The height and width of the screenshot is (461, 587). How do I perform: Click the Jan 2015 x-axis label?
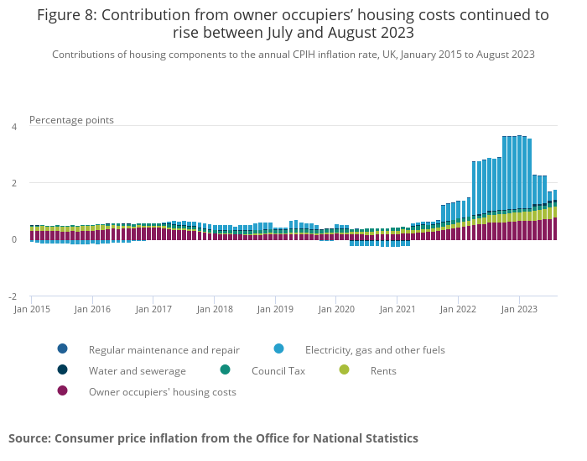[x=31, y=309]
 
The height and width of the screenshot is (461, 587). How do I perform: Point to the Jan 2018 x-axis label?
[x=215, y=309]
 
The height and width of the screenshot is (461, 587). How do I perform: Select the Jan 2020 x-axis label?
[x=336, y=309]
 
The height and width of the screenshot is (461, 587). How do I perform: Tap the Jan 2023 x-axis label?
[x=519, y=309]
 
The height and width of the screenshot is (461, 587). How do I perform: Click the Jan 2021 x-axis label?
[x=397, y=309]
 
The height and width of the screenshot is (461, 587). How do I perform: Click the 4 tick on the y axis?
[x=13, y=127]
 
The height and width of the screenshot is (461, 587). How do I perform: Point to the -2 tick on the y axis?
[x=12, y=296]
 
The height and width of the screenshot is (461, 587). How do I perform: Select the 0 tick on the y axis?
[x=13, y=240]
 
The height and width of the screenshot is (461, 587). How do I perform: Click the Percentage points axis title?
[x=71, y=120]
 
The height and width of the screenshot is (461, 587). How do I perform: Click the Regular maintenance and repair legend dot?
[x=62, y=349]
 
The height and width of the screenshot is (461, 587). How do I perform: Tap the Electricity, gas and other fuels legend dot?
[x=278, y=349]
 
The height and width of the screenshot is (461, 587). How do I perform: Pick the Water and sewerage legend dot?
[x=62, y=370]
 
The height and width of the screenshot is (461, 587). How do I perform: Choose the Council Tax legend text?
[x=278, y=370]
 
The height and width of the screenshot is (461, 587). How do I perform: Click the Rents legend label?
[x=383, y=370]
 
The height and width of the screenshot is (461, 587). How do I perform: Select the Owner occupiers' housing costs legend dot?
[x=62, y=391]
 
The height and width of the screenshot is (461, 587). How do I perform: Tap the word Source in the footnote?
[x=29, y=438]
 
